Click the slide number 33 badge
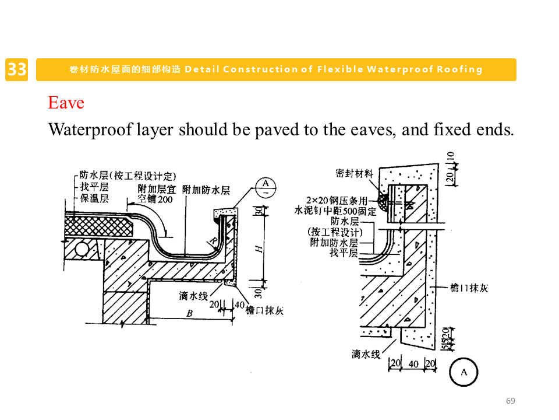pyautogui.click(x=17, y=69)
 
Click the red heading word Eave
pyautogui.click(x=66, y=103)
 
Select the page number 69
pyautogui.click(x=511, y=401)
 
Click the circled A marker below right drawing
pyautogui.click(x=464, y=372)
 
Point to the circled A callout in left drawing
pyautogui.click(x=266, y=187)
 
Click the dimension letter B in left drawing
pyautogui.click(x=189, y=314)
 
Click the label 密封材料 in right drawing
pyautogui.click(x=355, y=173)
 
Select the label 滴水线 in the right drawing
pyautogui.click(x=366, y=354)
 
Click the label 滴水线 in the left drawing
pyautogui.click(x=193, y=296)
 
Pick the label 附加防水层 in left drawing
pyautogui.click(x=206, y=190)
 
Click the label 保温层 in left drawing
pyautogui.click(x=94, y=198)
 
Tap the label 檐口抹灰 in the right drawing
pyautogui.click(x=469, y=288)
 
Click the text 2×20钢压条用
pyautogui.click(x=337, y=201)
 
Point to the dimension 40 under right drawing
pyautogui.click(x=413, y=364)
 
